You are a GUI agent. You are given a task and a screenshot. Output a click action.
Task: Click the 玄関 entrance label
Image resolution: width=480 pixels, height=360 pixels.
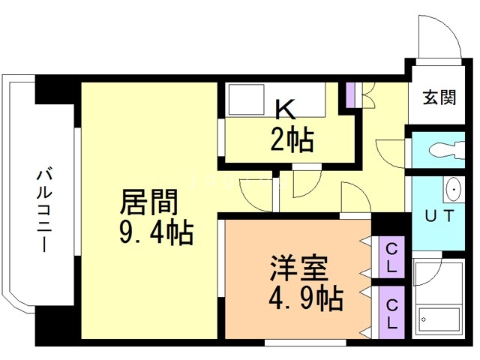click(439, 97)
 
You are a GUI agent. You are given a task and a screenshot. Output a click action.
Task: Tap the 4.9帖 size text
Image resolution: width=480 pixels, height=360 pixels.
click(305, 299)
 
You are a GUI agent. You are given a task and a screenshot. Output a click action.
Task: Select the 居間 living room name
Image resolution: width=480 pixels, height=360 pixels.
click(150, 203)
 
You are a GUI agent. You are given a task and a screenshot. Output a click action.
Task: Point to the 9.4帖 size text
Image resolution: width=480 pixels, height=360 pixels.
click(155, 233)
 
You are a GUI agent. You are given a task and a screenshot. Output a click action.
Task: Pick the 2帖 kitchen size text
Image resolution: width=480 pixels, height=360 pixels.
click(292, 139)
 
